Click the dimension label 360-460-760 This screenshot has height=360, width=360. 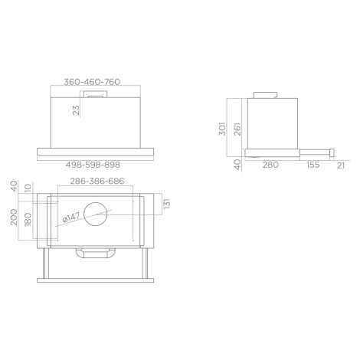(92, 82)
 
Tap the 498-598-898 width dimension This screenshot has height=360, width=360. (93, 165)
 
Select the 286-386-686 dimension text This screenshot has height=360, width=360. (97, 181)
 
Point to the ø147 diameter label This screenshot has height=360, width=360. (71, 217)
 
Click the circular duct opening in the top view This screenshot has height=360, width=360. (95, 214)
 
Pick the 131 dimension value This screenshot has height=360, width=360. (167, 204)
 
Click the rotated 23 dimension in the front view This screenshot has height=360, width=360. (77, 110)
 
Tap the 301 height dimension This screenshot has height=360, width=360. (222, 129)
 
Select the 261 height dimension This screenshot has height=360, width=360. (237, 129)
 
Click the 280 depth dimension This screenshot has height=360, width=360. (270, 165)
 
